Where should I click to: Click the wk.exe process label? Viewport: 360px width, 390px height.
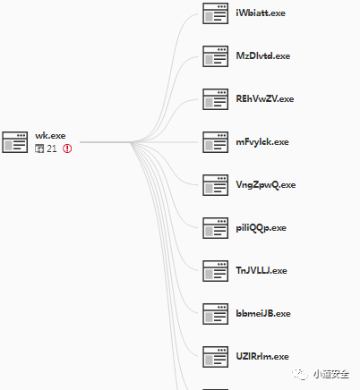pyautogui.click(x=50, y=136)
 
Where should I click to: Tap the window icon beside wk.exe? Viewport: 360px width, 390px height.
pyautogui.click(x=15, y=142)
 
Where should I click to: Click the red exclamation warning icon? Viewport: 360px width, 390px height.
pyautogui.click(x=67, y=148)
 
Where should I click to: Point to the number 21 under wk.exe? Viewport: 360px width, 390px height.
pyautogui.click(x=52, y=148)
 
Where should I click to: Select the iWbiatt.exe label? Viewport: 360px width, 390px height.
pyautogui.click(x=261, y=13)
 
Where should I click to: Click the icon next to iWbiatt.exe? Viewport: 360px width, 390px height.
pyautogui.click(x=216, y=13)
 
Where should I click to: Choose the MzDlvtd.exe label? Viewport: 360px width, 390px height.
pyautogui.click(x=263, y=56)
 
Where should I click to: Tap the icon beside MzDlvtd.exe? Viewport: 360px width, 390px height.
pyautogui.click(x=216, y=56)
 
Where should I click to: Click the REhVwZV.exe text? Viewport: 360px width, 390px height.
pyautogui.click(x=265, y=99)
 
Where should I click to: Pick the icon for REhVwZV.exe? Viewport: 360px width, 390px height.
pyautogui.click(x=216, y=99)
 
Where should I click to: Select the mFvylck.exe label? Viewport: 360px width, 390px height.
pyautogui.click(x=262, y=142)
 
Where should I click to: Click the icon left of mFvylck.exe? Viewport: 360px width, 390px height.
pyautogui.click(x=216, y=142)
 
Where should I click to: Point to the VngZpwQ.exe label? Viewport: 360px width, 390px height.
pyautogui.click(x=266, y=185)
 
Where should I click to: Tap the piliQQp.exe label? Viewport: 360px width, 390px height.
pyautogui.click(x=261, y=228)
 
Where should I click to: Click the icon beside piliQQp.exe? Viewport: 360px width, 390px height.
pyautogui.click(x=216, y=228)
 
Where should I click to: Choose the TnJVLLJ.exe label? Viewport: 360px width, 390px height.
pyautogui.click(x=261, y=271)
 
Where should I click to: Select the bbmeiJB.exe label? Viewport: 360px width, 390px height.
pyautogui.click(x=263, y=314)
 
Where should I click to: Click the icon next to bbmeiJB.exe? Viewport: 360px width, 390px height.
pyautogui.click(x=216, y=314)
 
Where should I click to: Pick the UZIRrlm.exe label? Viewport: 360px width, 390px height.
pyautogui.click(x=262, y=357)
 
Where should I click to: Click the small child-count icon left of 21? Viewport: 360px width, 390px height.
pyautogui.click(x=39, y=148)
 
